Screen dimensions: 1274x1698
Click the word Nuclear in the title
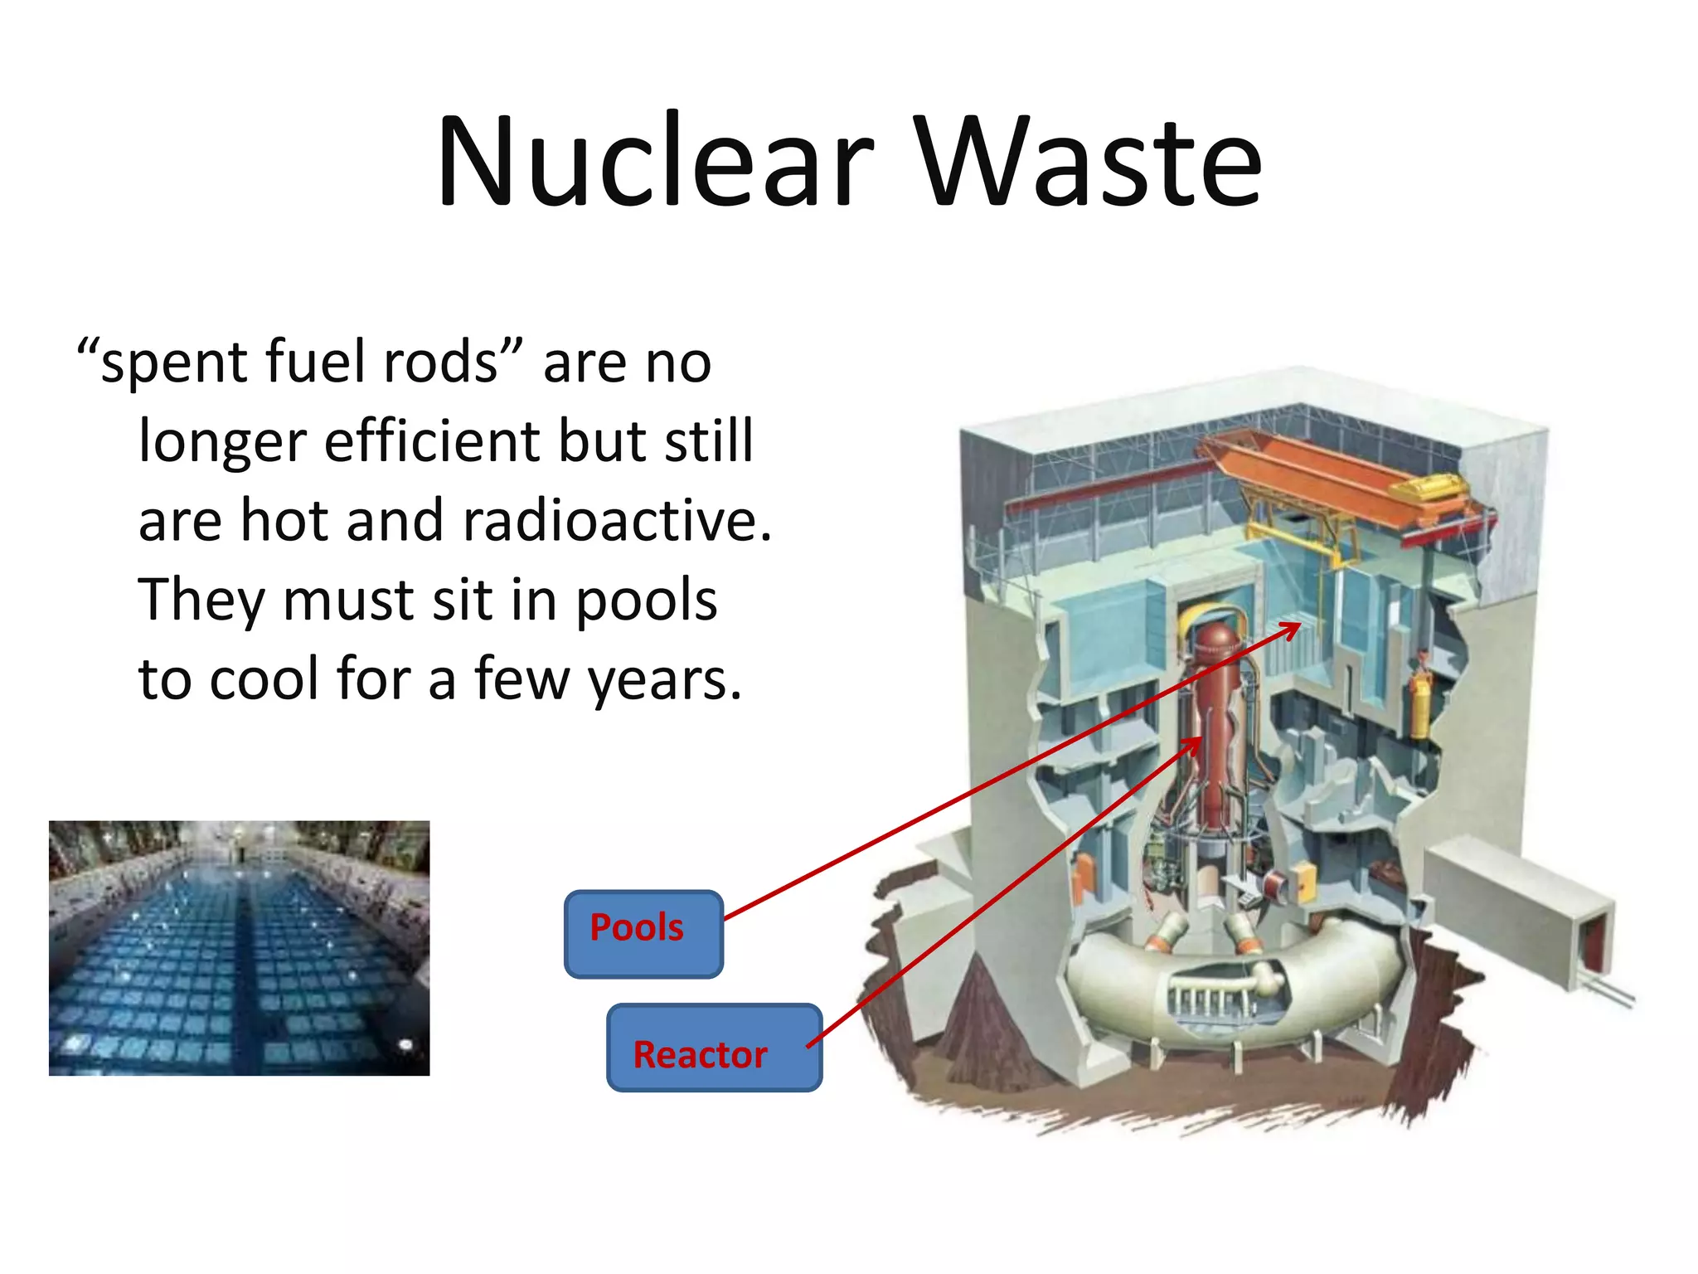tap(655, 162)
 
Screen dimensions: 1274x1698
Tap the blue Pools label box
tap(643, 934)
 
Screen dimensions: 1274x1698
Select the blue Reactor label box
tap(714, 1048)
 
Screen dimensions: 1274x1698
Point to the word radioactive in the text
tap(618, 521)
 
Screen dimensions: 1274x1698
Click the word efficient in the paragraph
tap(432, 441)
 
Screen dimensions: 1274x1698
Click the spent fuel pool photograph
tap(239, 948)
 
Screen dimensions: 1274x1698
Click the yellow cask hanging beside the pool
tap(1419, 705)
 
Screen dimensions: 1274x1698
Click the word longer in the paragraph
tap(222, 443)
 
